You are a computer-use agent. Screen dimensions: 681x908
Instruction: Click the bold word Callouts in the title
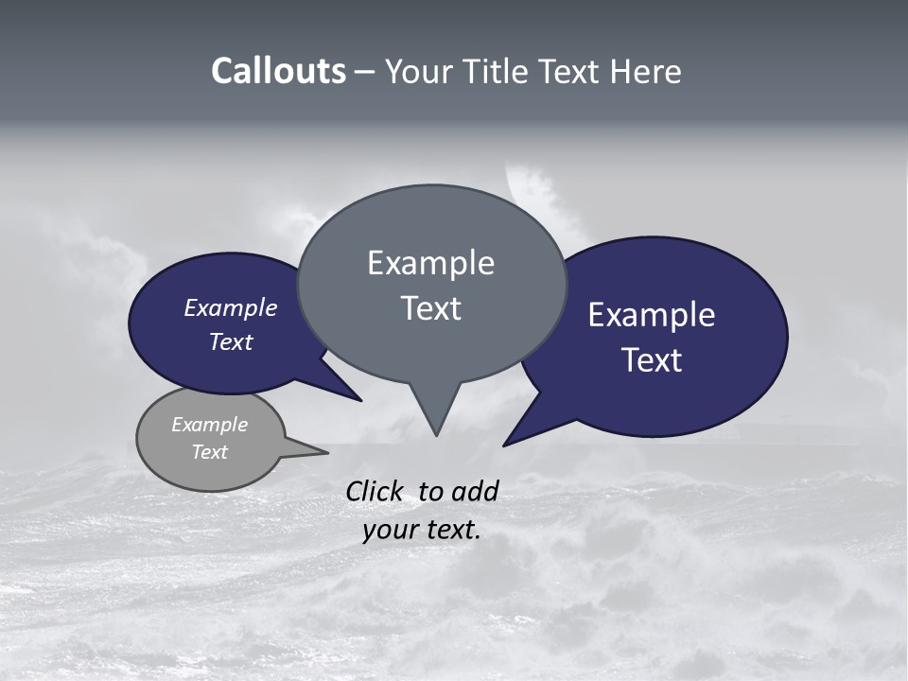point(278,71)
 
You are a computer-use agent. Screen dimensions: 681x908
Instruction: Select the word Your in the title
point(417,71)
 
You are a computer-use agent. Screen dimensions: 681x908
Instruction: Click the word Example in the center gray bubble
point(430,263)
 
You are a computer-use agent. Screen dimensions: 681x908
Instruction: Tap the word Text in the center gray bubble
point(430,308)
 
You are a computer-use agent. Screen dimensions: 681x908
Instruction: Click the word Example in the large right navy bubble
point(651,315)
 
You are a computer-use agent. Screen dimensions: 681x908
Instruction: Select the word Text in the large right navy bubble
point(653,360)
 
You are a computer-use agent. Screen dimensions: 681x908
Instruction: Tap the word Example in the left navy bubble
point(231,308)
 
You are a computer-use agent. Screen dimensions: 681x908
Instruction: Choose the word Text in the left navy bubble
point(231,342)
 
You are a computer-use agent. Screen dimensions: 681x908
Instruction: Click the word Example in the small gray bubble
point(209,425)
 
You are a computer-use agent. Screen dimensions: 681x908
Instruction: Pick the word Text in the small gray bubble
point(209,452)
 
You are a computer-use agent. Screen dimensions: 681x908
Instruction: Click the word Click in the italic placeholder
point(375,491)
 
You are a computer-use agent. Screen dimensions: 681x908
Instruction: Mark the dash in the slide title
point(365,71)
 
